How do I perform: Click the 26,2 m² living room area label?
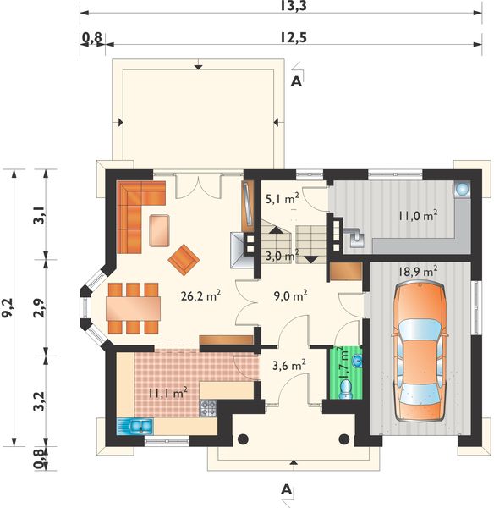[200, 295]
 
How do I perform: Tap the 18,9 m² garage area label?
[418, 272]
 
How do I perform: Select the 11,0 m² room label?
[418, 215]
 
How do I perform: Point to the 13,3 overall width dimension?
[294, 6]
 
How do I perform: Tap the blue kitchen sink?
[134, 427]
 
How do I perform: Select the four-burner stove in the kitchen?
[208, 409]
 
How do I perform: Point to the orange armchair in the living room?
[184, 259]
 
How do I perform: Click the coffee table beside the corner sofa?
[159, 230]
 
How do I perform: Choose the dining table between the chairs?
[134, 308]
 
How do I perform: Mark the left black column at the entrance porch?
[243, 439]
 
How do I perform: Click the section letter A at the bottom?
[286, 489]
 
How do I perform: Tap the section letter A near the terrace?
[296, 81]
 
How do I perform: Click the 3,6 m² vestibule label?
[288, 366]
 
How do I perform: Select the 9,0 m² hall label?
[290, 295]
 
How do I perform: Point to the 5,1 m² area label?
[282, 199]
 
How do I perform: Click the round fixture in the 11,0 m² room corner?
[462, 189]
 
